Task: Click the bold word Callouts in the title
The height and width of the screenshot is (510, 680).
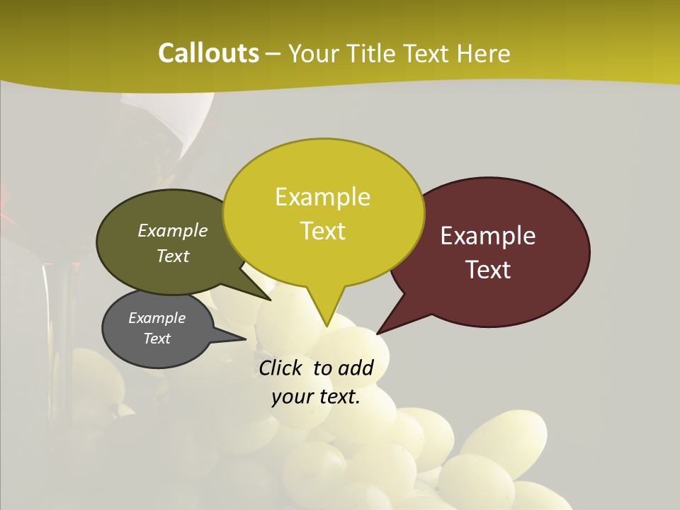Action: point(209,53)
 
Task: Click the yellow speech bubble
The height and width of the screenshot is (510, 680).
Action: point(323,212)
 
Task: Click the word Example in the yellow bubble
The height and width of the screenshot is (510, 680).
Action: point(322,197)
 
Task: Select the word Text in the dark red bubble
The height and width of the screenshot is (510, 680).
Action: point(489,270)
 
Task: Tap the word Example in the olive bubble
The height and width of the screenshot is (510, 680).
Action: point(173,230)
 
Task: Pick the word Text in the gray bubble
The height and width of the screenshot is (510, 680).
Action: point(157,339)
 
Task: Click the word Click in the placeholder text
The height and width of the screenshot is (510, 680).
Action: point(281,368)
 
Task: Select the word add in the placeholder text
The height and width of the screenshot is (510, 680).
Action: point(356,368)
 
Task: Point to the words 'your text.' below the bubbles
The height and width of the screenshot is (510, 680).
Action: point(316,397)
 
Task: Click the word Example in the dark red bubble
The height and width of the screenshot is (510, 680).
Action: point(488,236)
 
